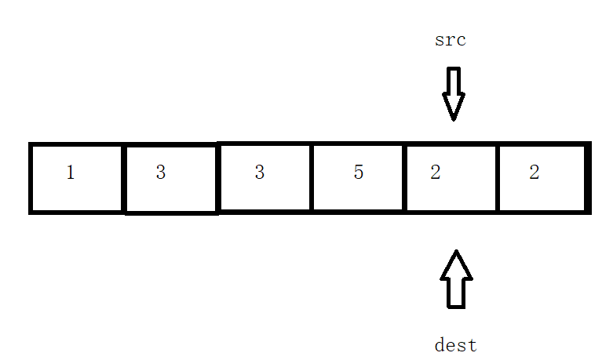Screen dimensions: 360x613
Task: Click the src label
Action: click(451, 40)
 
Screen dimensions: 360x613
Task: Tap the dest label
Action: click(455, 344)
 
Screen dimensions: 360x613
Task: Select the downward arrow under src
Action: click(453, 93)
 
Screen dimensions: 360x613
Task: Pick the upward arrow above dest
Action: click(456, 278)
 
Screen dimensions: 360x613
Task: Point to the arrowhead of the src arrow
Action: click(453, 107)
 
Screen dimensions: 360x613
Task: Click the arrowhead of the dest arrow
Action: click(456, 264)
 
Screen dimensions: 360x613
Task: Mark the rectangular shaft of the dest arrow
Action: click(456, 293)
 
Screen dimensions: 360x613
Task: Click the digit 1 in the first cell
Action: click(71, 173)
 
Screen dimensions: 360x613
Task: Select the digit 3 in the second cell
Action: click(161, 173)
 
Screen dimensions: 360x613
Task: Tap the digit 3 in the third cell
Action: click(260, 173)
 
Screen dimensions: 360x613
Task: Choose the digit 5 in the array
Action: click(359, 173)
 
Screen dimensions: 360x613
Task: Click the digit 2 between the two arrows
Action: click(436, 173)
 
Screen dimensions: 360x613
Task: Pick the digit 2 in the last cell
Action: click(535, 173)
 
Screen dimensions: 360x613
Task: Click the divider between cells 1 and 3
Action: click(124, 178)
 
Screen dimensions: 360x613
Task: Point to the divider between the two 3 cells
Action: click(217, 178)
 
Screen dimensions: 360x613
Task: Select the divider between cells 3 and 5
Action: click(312, 178)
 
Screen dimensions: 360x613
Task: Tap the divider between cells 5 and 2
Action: click(405, 178)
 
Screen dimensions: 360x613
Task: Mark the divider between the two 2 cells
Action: click(498, 178)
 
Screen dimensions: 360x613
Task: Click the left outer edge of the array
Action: click(31, 178)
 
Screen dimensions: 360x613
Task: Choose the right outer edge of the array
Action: click(587, 178)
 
